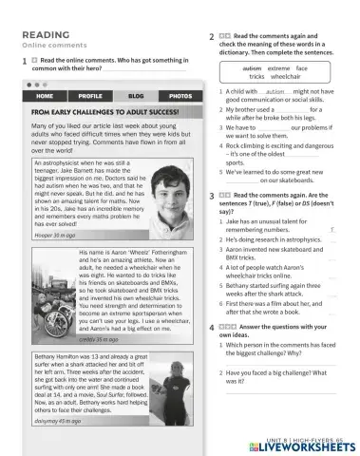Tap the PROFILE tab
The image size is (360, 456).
(90, 96)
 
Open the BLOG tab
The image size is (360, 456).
(136, 96)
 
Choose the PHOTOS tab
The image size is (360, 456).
(180, 96)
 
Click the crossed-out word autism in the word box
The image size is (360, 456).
(251, 68)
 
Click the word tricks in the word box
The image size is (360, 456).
(257, 77)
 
